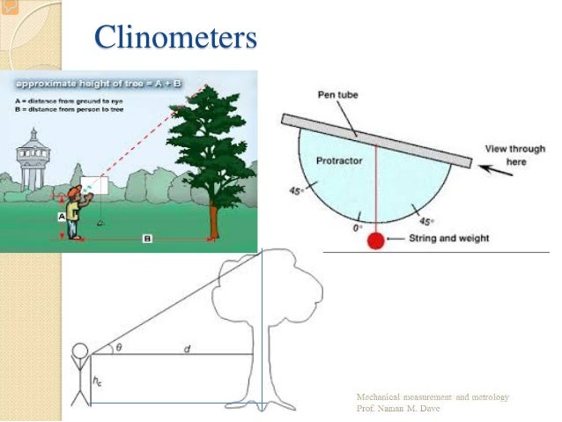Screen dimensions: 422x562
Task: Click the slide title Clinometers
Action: (175, 37)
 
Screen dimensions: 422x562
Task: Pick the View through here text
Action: (514, 156)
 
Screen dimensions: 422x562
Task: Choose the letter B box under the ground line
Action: (147, 239)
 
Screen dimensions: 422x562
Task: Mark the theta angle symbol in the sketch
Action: (119, 348)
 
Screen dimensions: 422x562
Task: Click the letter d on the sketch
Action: (187, 350)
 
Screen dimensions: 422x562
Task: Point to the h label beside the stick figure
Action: (98, 381)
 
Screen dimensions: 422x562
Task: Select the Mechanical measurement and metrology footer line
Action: (433, 398)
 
